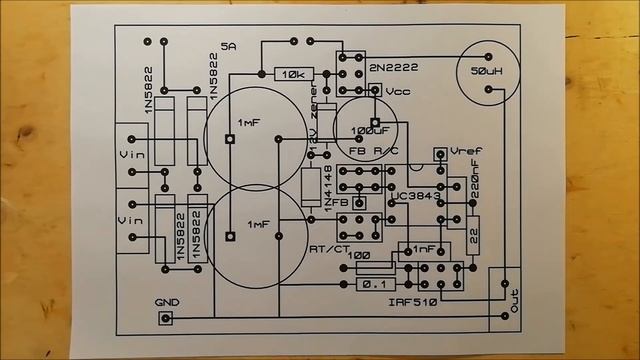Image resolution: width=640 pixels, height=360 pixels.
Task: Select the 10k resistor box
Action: tap(294, 74)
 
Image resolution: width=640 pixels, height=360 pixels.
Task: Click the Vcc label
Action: tap(398, 91)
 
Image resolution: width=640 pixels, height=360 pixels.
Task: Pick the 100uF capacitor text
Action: tap(370, 130)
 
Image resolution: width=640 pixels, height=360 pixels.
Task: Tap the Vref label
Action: tap(466, 151)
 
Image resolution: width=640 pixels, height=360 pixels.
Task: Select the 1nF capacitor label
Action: tap(424, 248)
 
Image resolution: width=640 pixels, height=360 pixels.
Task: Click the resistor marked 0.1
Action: tap(375, 285)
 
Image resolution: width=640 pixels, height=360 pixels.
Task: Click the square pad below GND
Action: tap(166, 319)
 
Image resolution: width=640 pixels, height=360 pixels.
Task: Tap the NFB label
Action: tap(336, 203)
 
